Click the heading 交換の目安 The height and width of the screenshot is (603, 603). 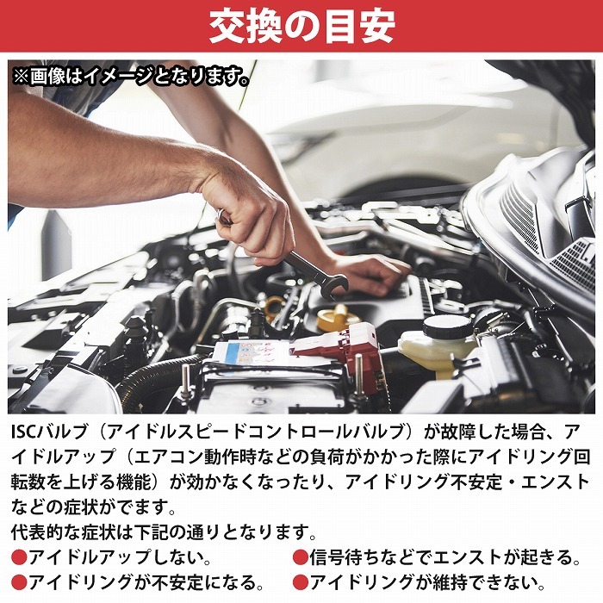point(301,27)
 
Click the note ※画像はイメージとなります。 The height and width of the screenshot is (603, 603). point(131,77)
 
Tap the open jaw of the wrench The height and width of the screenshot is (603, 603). point(339,287)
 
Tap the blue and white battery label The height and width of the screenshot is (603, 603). point(250,354)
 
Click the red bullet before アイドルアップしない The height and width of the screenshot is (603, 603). point(19,558)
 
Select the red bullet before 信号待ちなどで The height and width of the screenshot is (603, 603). point(300,558)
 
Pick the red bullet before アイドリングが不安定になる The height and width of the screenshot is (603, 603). point(19,583)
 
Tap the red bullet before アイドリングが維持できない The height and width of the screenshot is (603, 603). point(300,583)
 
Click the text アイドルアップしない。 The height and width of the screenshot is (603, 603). point(119,558)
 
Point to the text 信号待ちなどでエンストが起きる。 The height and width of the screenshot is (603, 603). point(444,558)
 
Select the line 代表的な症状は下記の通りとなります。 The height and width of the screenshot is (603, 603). point(165,532)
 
